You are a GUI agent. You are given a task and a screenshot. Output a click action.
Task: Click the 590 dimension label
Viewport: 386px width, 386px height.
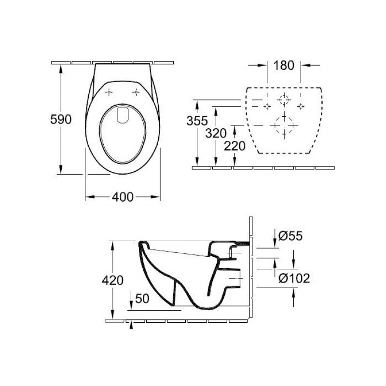(61, 119)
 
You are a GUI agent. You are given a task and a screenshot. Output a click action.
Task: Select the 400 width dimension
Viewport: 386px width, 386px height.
(123, 197)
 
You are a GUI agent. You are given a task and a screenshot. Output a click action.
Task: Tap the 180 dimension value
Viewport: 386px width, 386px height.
(284, 66)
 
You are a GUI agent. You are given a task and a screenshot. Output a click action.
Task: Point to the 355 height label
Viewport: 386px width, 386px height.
(197, 121)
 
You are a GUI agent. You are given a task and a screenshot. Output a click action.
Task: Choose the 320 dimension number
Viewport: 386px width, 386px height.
(216, 134)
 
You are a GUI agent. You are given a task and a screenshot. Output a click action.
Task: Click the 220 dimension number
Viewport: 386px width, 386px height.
(234, 146)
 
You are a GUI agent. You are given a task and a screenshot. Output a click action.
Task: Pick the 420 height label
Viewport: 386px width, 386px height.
(112, 280)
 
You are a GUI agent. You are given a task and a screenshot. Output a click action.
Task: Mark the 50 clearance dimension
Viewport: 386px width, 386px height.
(142, 299)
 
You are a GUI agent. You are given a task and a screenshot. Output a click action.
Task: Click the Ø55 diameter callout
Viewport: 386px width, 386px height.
(290, 236)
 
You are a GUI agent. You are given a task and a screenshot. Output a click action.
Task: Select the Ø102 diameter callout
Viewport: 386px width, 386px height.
(294, 278)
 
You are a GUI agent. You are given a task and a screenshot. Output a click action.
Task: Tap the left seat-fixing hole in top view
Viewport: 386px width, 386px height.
(109, 92)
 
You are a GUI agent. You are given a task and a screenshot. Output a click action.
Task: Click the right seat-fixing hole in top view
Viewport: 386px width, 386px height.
(136, 92)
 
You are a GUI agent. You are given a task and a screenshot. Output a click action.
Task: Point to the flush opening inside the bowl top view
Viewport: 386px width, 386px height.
(123, 115)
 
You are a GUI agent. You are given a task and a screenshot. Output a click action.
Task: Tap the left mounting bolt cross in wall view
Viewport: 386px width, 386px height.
(267, 107)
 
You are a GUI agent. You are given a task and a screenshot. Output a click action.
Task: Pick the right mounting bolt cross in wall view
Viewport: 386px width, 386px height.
(301, 107)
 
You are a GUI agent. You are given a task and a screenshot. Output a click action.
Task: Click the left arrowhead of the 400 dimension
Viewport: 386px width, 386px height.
(90, 197)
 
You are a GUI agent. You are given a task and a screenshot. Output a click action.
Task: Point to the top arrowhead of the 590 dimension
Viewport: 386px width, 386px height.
(61, 69)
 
